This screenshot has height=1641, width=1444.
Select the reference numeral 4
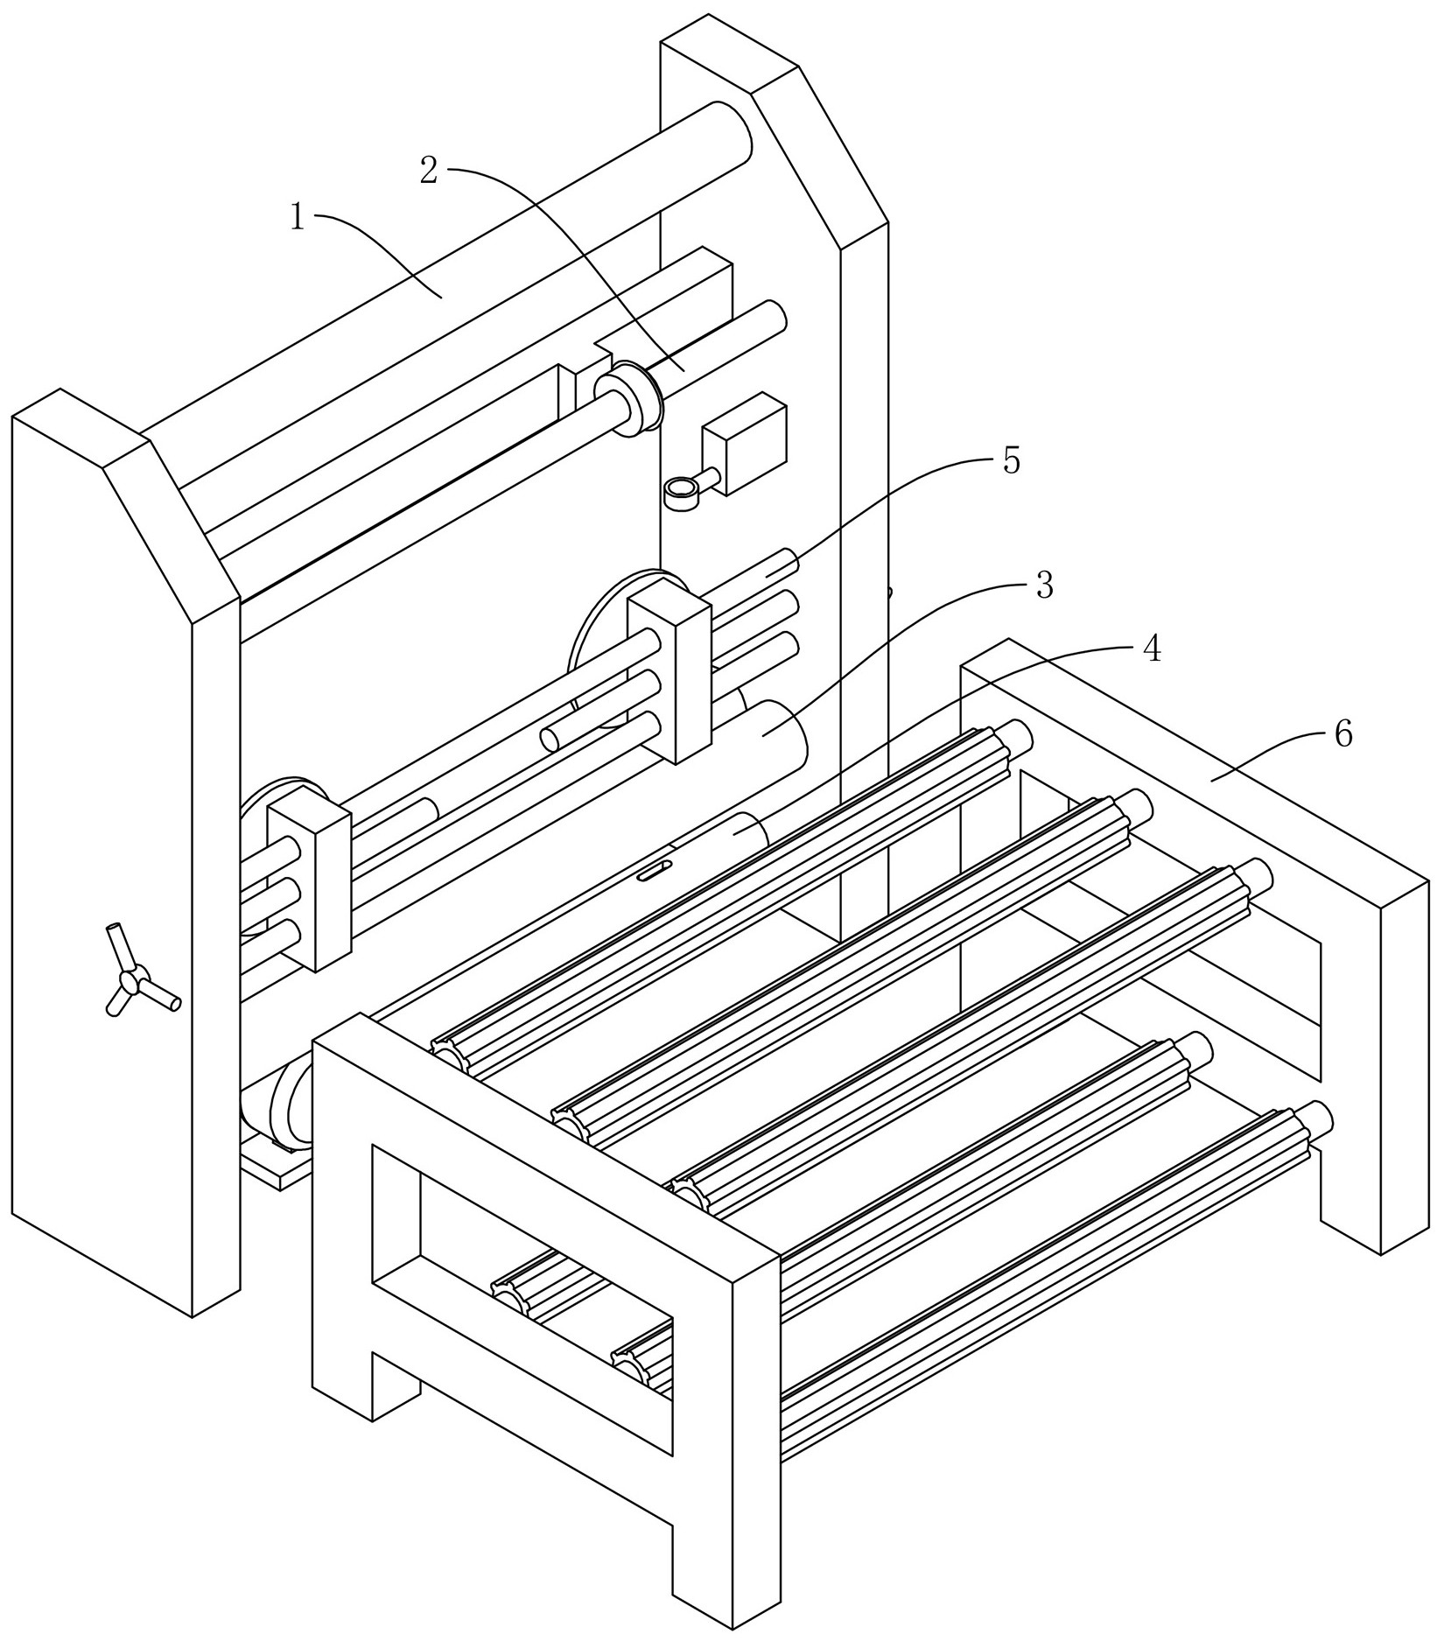tap(1151, 649)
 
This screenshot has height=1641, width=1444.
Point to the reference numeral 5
tap(1012, 460)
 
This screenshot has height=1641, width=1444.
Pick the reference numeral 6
tap(1343, 733)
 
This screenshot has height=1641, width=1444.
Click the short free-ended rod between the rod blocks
tap(553, 738)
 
